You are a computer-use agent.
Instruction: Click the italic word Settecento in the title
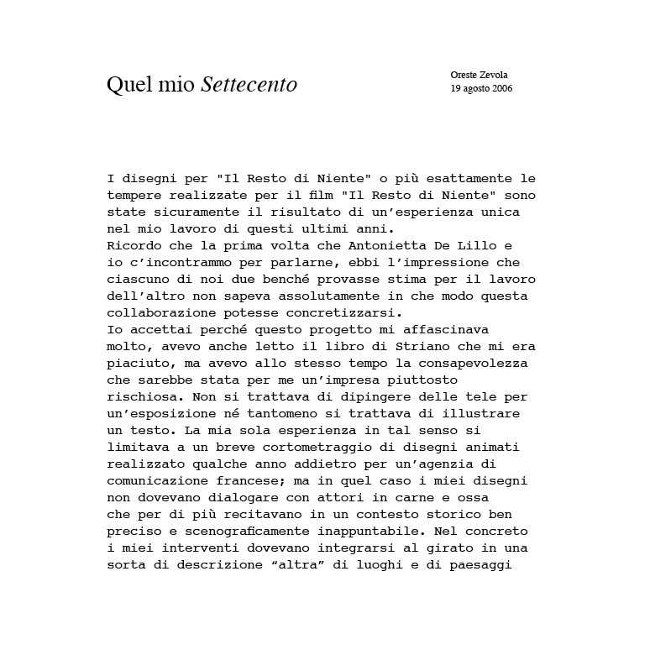click(x=249, y=85)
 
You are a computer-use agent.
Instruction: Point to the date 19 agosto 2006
click(x=481, y=87)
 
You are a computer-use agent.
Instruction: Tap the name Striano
click(x=434, y=347)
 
